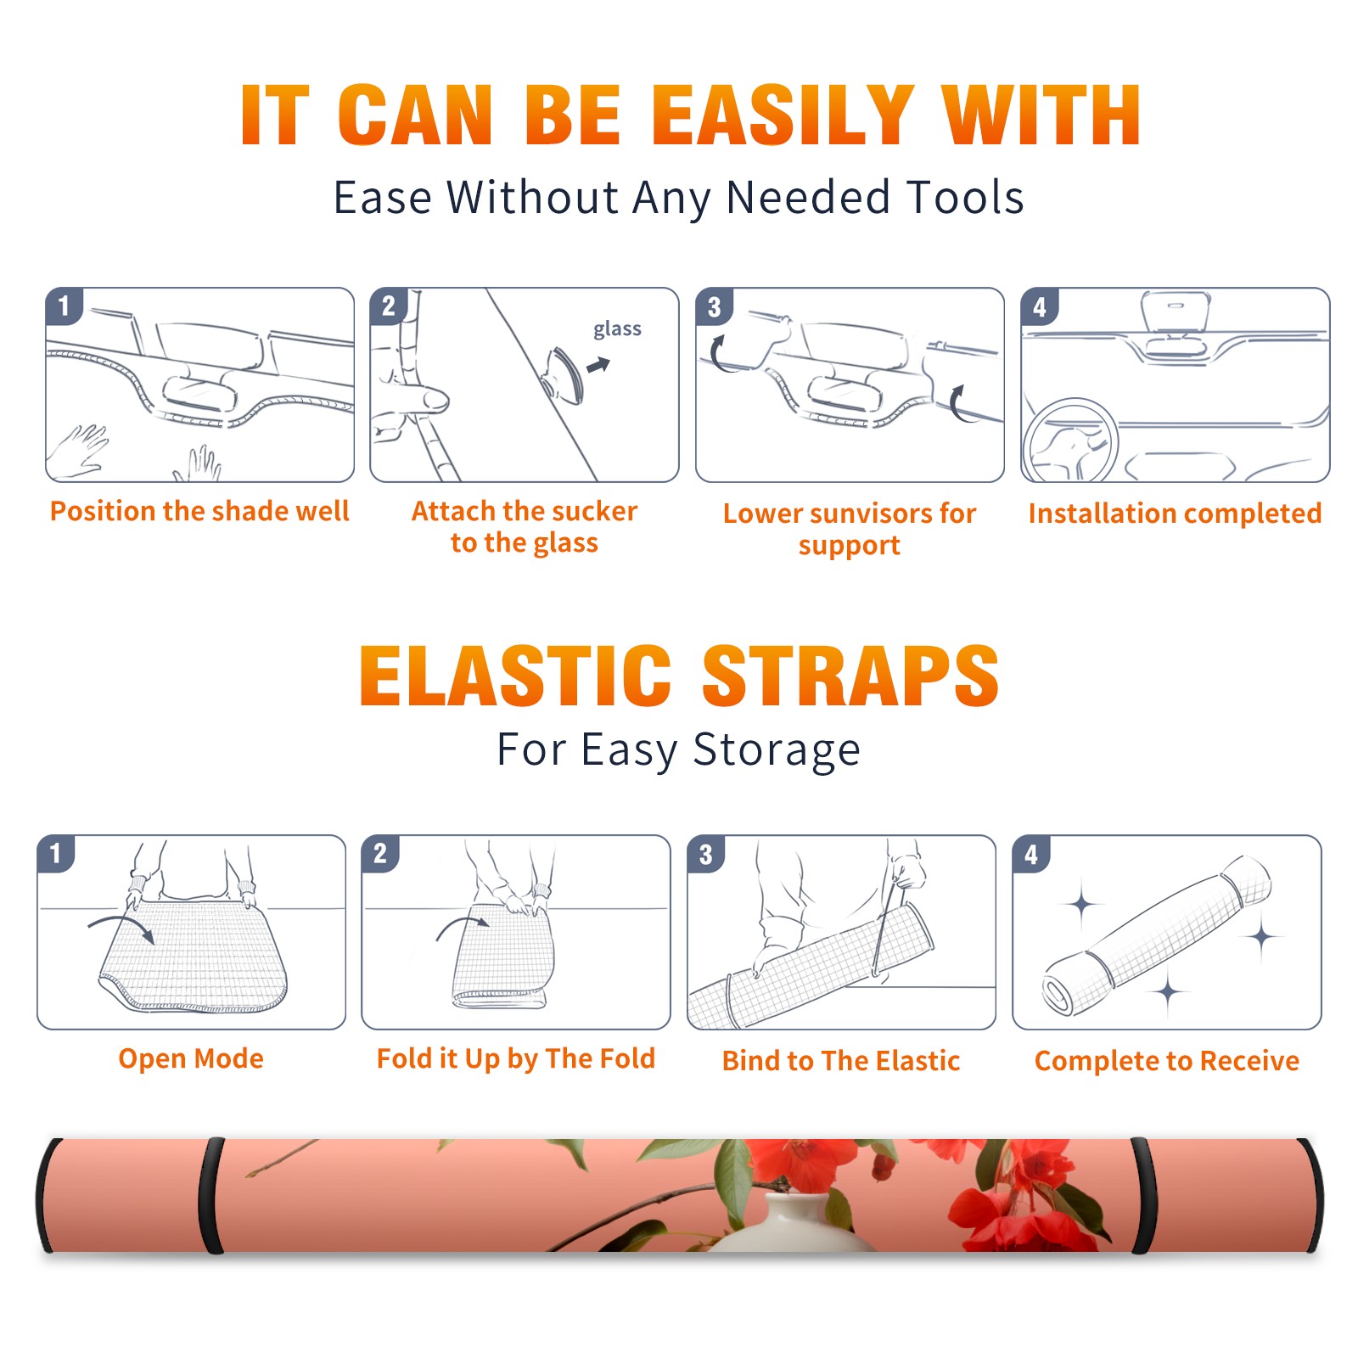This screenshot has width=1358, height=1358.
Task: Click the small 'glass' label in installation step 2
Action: point(617,329)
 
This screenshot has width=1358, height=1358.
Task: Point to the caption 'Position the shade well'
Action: point(199,511)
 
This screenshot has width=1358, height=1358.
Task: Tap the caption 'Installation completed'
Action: point(1175,513)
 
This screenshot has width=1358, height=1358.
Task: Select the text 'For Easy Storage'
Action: point(678,750)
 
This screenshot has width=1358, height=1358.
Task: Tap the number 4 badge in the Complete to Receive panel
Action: point(1031,854)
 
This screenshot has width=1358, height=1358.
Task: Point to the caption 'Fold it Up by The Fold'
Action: point(516,1058)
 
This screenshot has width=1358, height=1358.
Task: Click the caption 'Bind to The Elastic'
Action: point(841,1061)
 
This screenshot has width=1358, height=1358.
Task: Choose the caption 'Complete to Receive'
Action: point(1167,1061)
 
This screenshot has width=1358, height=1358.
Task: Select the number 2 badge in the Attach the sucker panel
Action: point(389,306)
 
